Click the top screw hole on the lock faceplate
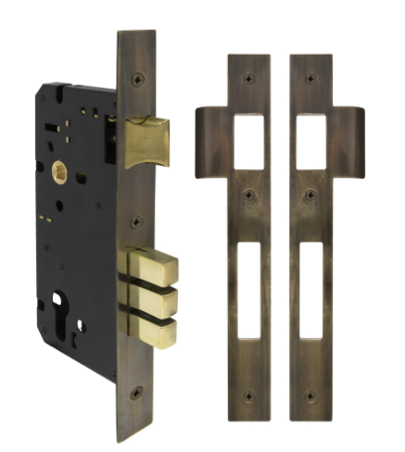(136, 79)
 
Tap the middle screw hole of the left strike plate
(247, 195)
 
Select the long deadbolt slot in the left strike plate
(247, 289)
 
